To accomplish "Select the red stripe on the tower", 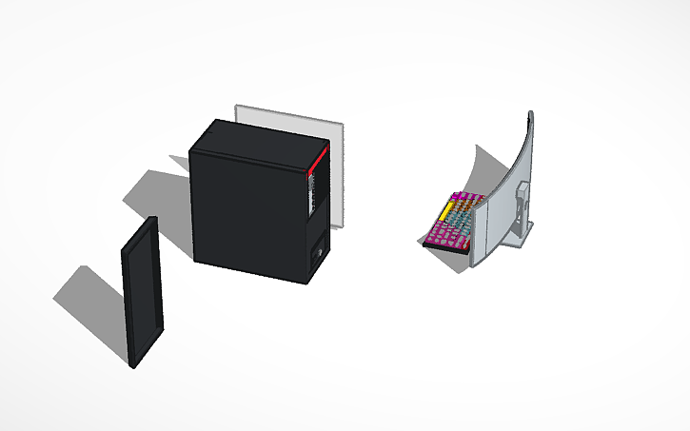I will [318, 162].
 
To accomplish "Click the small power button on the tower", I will [318, 254].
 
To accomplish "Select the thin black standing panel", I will [143, 290].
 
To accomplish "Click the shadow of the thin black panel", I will [90, 295].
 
